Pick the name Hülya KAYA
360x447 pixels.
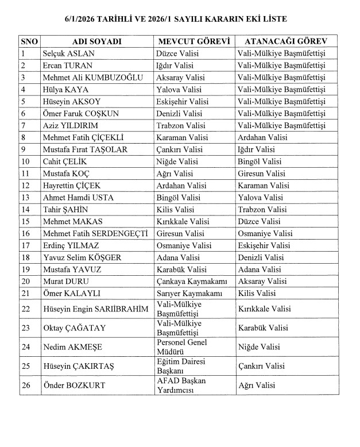coord(65,90)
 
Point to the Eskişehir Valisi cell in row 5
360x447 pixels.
coord(183,102)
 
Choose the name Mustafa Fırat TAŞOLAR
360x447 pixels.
coord(85,149)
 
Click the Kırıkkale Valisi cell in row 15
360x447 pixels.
coord(183,221)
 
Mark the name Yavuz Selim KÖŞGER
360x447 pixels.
coord(82,257)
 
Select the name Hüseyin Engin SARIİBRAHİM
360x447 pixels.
coord(96,310)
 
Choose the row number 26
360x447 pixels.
coord(25,385)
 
